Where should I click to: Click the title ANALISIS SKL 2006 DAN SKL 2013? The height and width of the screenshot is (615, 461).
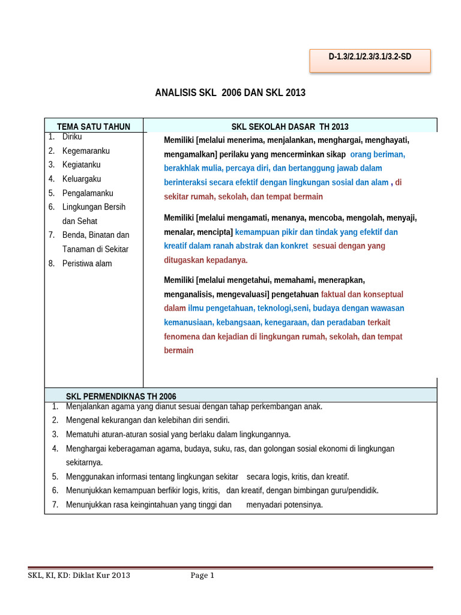pos(230,92)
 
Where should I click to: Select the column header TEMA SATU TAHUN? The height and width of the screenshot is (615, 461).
pos(93,126)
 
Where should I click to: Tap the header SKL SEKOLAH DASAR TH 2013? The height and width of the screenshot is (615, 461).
pos(290,126)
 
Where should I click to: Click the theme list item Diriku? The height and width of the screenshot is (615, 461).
pos(72,137)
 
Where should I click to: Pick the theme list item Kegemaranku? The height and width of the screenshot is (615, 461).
pos(86,151)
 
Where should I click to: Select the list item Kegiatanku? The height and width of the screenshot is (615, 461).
pos(81,165)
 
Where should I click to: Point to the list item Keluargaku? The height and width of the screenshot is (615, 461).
pos(82,179)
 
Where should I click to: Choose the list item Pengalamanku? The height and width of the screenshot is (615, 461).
pos(88,193)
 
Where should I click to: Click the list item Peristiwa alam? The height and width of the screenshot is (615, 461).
pos(87,263)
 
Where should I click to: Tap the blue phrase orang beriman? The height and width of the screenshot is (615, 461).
pos(378,154)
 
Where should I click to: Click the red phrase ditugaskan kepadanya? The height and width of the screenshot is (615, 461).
pos(206,260)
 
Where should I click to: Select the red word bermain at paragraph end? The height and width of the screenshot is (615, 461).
pos(179,350)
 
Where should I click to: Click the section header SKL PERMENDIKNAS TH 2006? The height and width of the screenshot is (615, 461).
pos(121,396)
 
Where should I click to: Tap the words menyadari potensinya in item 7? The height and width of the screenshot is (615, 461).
pos(285,504)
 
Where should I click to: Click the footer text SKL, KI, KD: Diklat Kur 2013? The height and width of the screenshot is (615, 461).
pos(79,575)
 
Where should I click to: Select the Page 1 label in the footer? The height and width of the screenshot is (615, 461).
pos(202,575)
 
